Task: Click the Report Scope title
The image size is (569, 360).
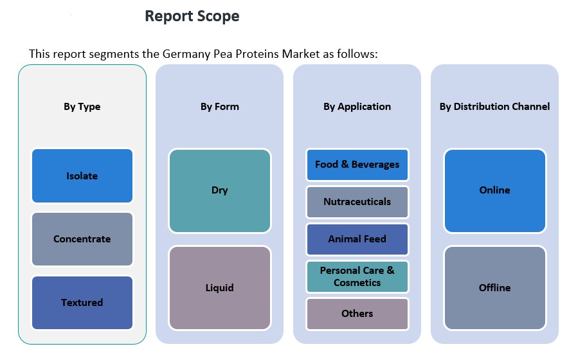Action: pyautogui.click(x=192, y=17)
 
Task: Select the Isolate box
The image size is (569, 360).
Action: pyautogui.click(x=82, y=175)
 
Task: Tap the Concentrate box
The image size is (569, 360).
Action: pyautogui.click(x=82, y=239)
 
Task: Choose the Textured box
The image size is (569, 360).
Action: pyautogui.click(x=82, y=302)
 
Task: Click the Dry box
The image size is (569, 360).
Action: pyautogui.click(x=219, y=190)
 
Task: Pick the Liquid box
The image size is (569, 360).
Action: pyautogui.click(x=219, y=287)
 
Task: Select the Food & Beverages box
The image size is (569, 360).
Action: pyautogui.click(x=357, y=165)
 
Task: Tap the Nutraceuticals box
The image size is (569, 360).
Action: pyautogui.click(x=357, y=202)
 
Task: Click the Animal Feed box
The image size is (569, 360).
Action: pyautogui.click(x=357, y=239)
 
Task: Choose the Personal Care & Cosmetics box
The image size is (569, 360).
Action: pyautogui.click(x=357, y=276)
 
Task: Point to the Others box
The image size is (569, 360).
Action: pyautogui.click(x=357, y=314)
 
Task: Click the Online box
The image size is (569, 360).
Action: pyautogui.click(x=494, y=190)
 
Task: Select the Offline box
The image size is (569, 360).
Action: pyautogui.click(x=494, y=287)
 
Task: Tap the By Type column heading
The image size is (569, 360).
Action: pyautogui.click(x=82, y=107)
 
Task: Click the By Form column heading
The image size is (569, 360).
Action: pyautogui.click(x=219, y=107)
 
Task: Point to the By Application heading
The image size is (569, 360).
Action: pyautogui.click(x=357, y=107)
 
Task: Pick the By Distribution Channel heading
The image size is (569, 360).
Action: pyautogui.click(x=494, y=107)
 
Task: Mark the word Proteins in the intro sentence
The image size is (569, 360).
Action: pyautogui.click(x=246, y=53)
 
